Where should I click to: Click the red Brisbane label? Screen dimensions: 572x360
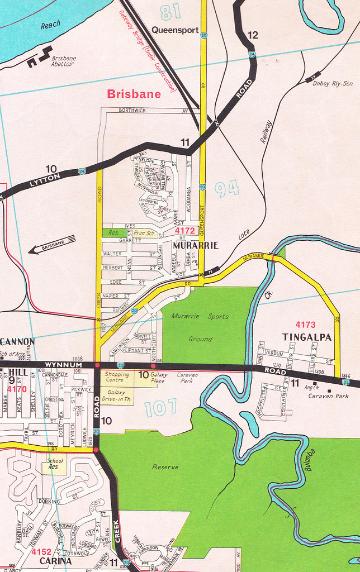coord(134,94)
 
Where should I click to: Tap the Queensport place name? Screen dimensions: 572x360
coord(175,30)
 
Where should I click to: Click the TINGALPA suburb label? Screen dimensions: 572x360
coord(307,337)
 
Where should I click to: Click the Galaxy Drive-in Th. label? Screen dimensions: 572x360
coord(117,395)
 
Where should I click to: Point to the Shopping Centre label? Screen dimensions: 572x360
coord(117,378)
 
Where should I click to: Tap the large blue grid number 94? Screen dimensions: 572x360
coord(227,190)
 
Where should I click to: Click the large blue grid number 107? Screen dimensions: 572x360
coord(160,407)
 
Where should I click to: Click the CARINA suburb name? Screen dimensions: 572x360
coord(55,560)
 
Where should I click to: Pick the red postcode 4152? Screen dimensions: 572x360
coord(41,551)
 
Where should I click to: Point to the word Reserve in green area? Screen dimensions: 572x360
coord(165,466)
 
